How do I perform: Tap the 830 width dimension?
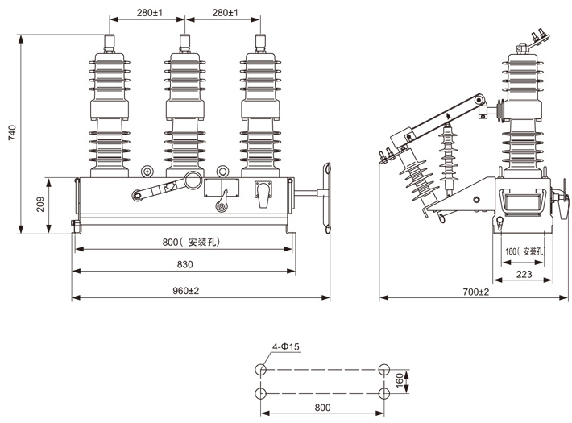pyautogui.click(x=184, y=265)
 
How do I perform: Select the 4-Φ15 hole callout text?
pyautogui.click(x=285, y=347)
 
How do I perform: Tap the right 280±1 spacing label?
pyautogui.click(x=224, y=13)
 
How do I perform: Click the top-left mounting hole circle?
pyautogui.click(x=260, y=370)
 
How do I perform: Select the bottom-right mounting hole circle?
pyautogui.click(x=384, y=392)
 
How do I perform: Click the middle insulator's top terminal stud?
pyautogui.click(x=184, y=43)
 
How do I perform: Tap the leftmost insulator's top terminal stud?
pyautogui.click(x=108, y=43)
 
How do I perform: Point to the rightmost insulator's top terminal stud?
pyautogui.click(x=261, y=43)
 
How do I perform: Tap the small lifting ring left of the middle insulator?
pyautogui.click(x=147, y=171)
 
